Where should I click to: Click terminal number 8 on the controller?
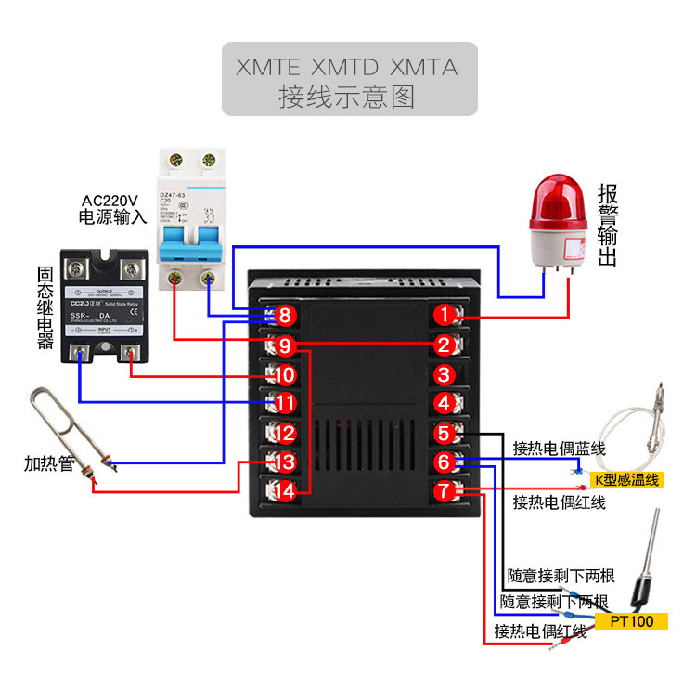(x=285, y=316)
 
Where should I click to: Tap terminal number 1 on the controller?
(x=445, y=316)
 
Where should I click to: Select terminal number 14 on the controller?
(x=285, y=491)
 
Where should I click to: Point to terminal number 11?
(x=285, y=403)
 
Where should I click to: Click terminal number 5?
(x=445, y=433)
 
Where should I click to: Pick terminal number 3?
(x=445, y=374)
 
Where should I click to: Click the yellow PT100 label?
(x=632, y=621)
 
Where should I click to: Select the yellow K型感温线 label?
(x=625, y=479)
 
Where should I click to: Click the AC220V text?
(x=110, y=201)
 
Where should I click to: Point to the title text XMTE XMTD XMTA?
(x=346, y=68)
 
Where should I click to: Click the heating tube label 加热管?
(x=48, y=463)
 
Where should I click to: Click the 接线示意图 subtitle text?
(x=346, y=97)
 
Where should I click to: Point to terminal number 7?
(x=445, y=491)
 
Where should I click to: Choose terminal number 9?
(x=285, y=345)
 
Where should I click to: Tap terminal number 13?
(x=285, y=462)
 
